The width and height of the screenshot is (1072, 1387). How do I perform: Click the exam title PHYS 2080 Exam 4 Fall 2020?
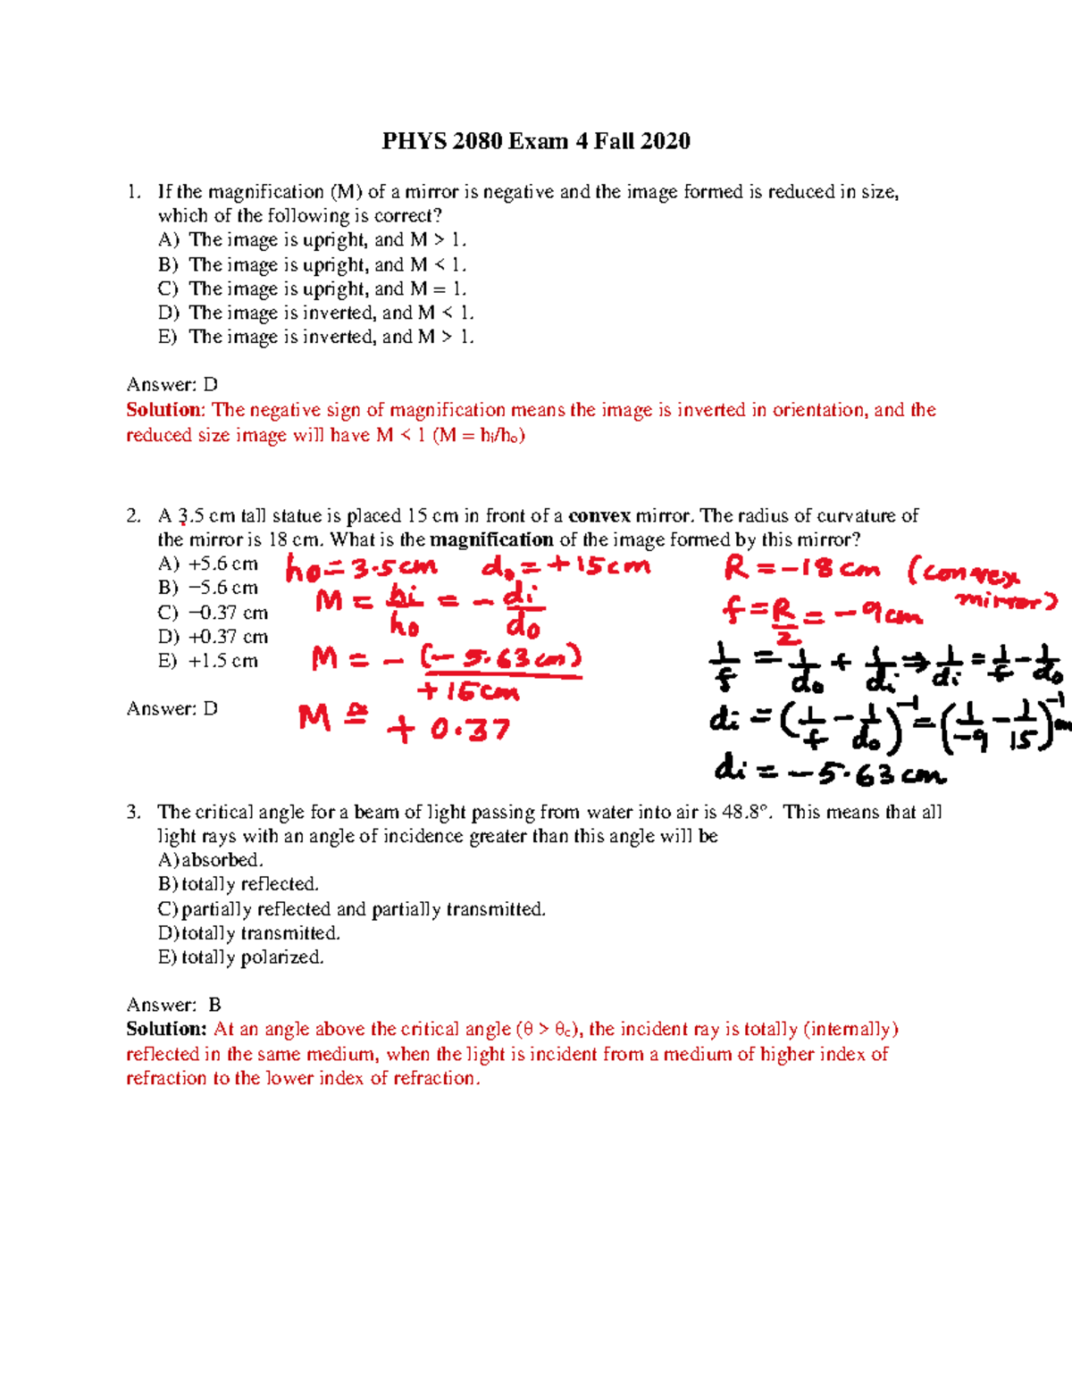(x=536, y=141)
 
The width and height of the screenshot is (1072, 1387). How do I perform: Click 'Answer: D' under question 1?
(x=172, y=384)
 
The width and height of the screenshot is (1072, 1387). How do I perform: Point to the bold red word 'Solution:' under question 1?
(x=165, y=410)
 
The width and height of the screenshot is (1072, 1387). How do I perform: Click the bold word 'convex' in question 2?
(x=599, y=515)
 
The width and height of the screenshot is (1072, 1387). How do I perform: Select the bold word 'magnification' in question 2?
(x=491, y=539)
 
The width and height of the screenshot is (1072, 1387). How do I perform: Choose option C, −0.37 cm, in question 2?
(x=213, y=613)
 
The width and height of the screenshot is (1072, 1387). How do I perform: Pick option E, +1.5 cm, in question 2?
(x=208, y=661)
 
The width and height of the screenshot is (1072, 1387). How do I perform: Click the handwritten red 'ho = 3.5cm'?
(x=361, y=568)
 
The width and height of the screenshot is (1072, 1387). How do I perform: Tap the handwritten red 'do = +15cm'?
(x=565, y=566)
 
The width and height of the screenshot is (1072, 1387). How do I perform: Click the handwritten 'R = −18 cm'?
(x=801, y=569)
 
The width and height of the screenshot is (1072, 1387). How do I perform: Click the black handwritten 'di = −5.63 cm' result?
(x=829, y=772)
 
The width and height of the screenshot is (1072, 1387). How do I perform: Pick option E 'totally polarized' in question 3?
(x=240, y=957)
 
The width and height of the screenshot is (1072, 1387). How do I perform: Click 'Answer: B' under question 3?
(x=173, y=1005)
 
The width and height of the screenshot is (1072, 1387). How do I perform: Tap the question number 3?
(x=133, y=812)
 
